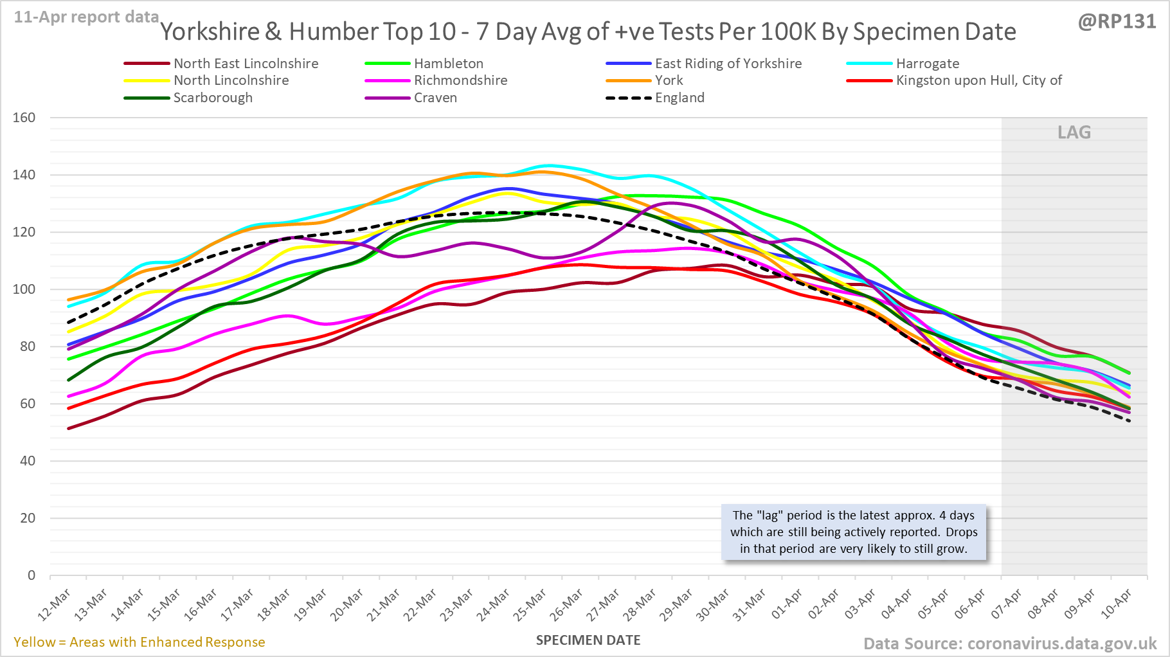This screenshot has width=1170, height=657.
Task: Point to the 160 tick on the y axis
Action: coord(24,118)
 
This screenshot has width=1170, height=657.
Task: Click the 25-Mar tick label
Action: coord(531,605)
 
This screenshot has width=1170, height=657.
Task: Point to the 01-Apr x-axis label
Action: coord(787,605)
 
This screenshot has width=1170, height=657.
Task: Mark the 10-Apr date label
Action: coord(1116,605)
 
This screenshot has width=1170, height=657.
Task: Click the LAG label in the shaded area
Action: coord(1074,132)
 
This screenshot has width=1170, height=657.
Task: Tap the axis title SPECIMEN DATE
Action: coord(588,640)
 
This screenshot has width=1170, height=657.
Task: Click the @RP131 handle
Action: coord(1117,21)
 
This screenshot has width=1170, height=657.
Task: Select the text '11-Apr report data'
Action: coord(86,17)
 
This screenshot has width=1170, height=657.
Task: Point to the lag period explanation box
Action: coord(854,532)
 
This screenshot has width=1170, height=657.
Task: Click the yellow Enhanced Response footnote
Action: coord(139,642)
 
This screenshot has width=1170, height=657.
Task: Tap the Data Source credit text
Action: coord(1009,643)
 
